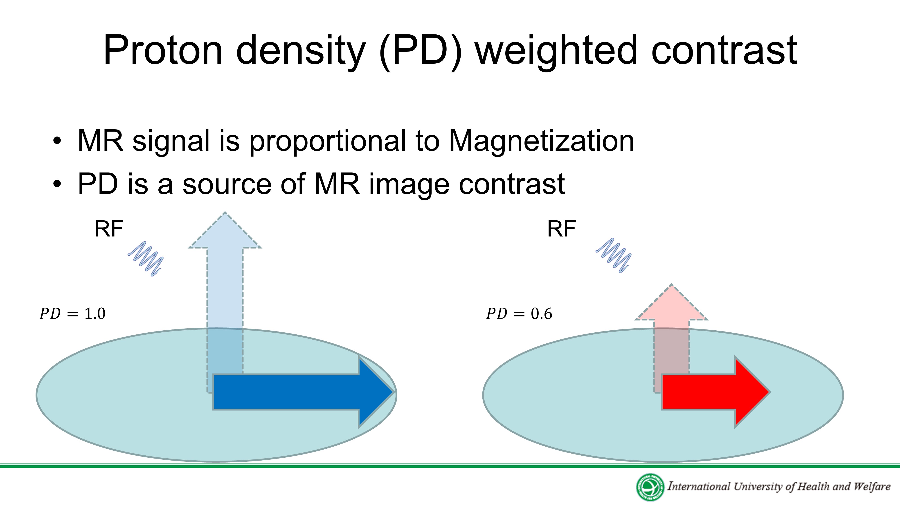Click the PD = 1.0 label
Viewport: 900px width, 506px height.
point(72,313)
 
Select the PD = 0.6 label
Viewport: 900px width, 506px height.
point(519,313)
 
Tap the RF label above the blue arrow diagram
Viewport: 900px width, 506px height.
point(109,229)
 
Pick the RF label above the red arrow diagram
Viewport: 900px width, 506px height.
point(561,229)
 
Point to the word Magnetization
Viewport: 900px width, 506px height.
point(542,141)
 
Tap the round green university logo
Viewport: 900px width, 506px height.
point(650,487)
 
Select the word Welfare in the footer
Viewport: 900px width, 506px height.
point(872,486)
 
